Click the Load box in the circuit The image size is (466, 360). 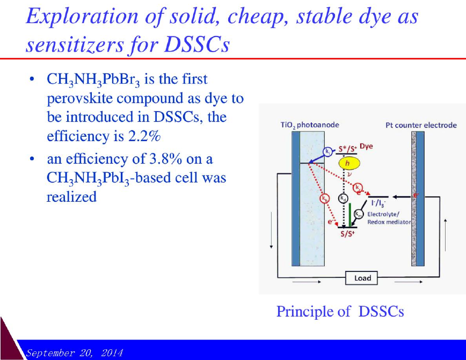(361, 278)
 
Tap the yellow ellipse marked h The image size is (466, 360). (349, 163)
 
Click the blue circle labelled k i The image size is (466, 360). (327, 152)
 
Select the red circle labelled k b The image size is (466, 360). (324, 199)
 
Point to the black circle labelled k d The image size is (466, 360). (343, 198)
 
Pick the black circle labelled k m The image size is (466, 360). (359, 214)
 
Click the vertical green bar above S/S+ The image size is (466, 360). (350, 215)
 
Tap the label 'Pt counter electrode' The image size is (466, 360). (421, 125)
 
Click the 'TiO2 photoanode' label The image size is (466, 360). (310, 125)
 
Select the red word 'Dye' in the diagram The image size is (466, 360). (366, 146)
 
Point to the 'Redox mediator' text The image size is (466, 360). (389, 222)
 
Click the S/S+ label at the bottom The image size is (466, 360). (347, 234)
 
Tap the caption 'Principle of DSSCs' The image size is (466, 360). (340, 311)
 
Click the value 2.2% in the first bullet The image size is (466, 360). (144, 136)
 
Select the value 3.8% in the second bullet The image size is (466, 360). (165, 159)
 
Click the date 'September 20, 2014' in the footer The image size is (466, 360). (74, 353)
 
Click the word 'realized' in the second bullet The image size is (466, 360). (71, 197)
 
